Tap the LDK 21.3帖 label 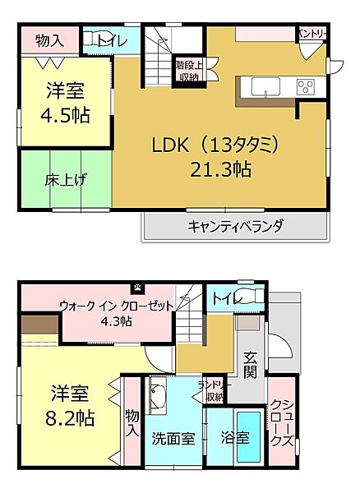(x=218, y=157)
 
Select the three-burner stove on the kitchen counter (x=307, y=85)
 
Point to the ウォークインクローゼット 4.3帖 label (x=116, y=313)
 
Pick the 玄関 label (x=251, y=366)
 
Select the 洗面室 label (x=173, y=438)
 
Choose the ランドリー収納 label (x=215, y=391)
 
